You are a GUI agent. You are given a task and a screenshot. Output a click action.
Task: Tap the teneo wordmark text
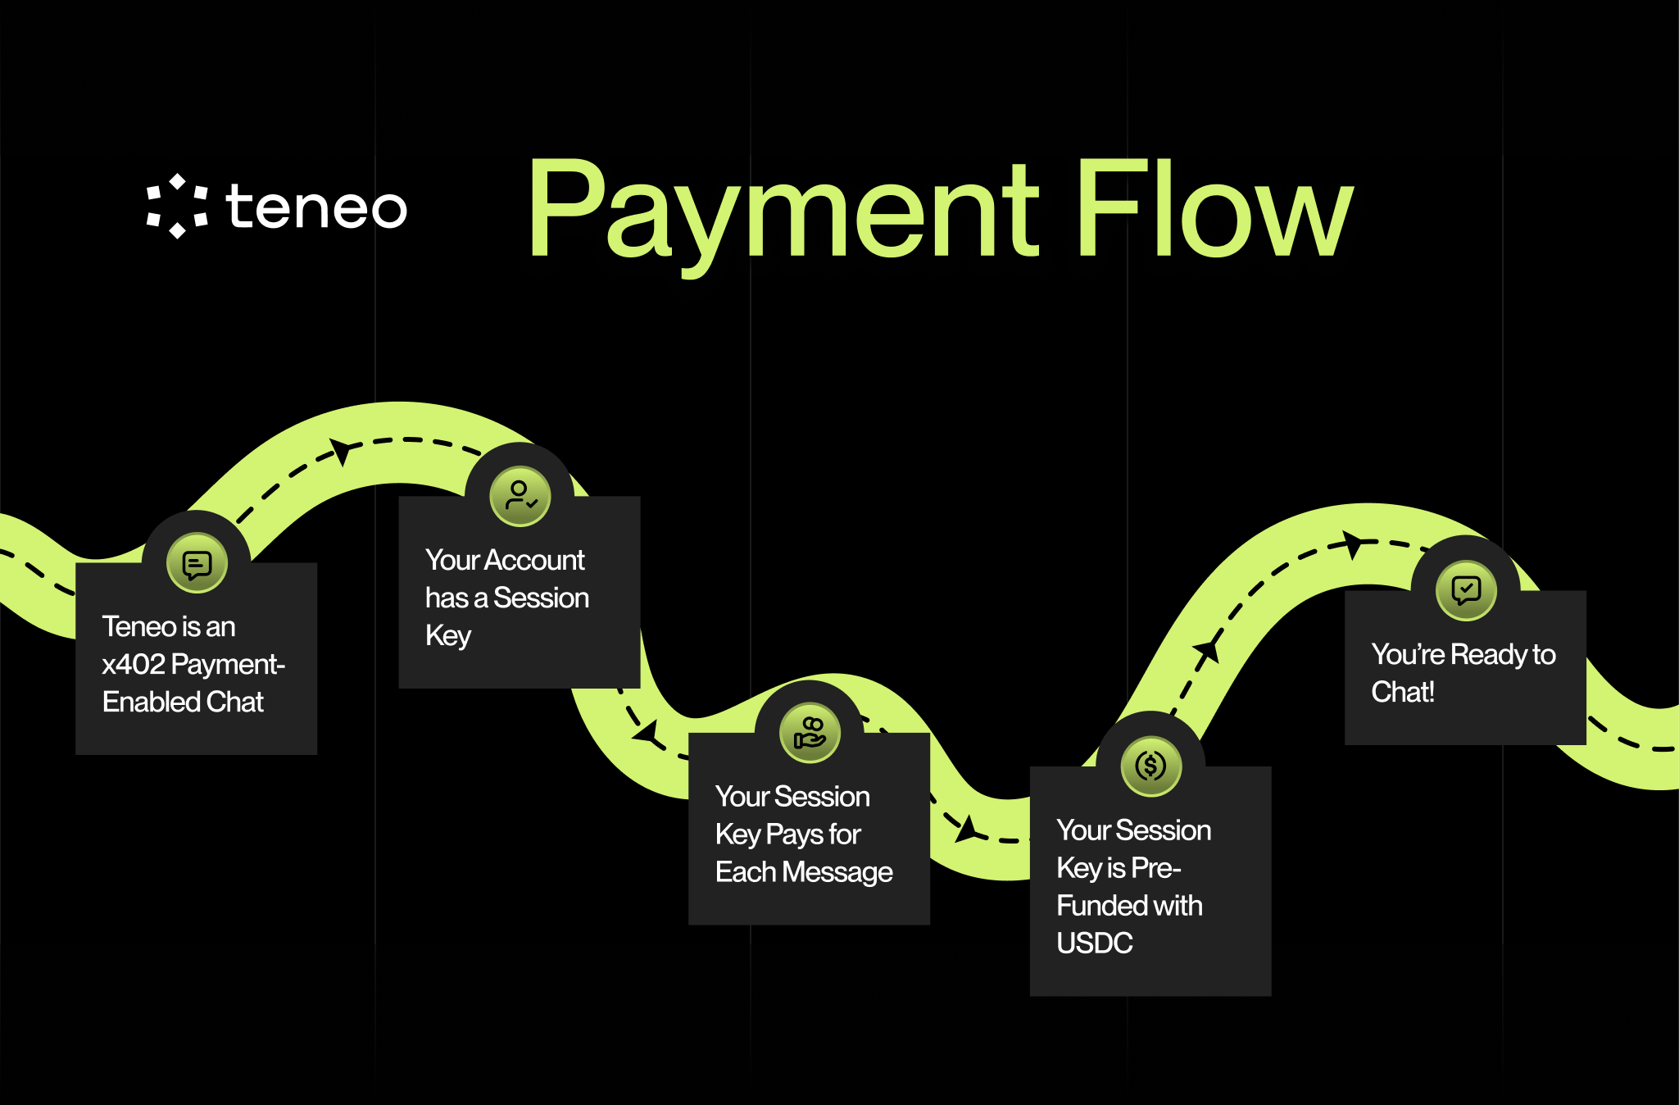pos(316,206)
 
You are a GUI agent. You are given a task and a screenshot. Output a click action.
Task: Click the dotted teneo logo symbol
pos(177,206)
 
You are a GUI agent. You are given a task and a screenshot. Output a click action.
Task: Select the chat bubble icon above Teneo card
pos(197,563)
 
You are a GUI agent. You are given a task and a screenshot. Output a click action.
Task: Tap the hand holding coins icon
pos(810,732)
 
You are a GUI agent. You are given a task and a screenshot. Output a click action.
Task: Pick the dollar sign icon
pos(1150,766)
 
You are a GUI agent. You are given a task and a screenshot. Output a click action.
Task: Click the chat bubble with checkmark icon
pos(1466,590)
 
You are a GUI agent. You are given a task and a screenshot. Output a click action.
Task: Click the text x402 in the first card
pos(134,664)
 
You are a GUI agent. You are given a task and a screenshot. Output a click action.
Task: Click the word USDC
pos(1094,943)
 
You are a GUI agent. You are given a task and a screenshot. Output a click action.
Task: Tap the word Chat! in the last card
pos(1402,692)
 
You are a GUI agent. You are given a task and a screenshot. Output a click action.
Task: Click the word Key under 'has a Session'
pos(447,635)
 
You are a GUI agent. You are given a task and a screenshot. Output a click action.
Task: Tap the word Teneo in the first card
pos(139,626)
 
